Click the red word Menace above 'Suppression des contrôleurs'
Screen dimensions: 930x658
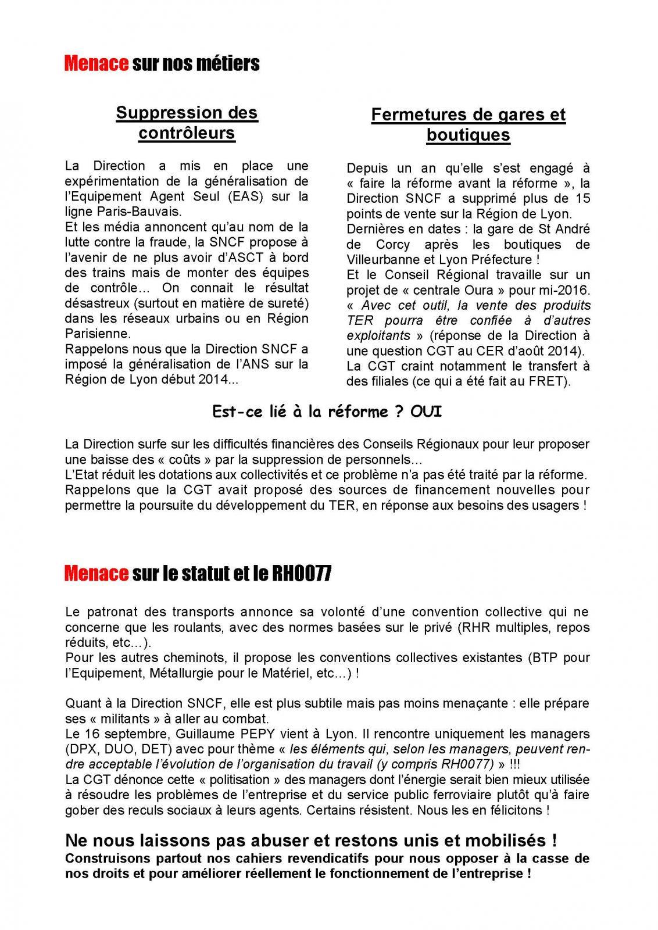click(x=96, y=63)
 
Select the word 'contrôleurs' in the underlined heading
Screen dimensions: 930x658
click(x=187, y=133)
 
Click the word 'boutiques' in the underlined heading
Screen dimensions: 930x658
click(x=468, y=135)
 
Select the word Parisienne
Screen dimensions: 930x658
click(x=98, y=334)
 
